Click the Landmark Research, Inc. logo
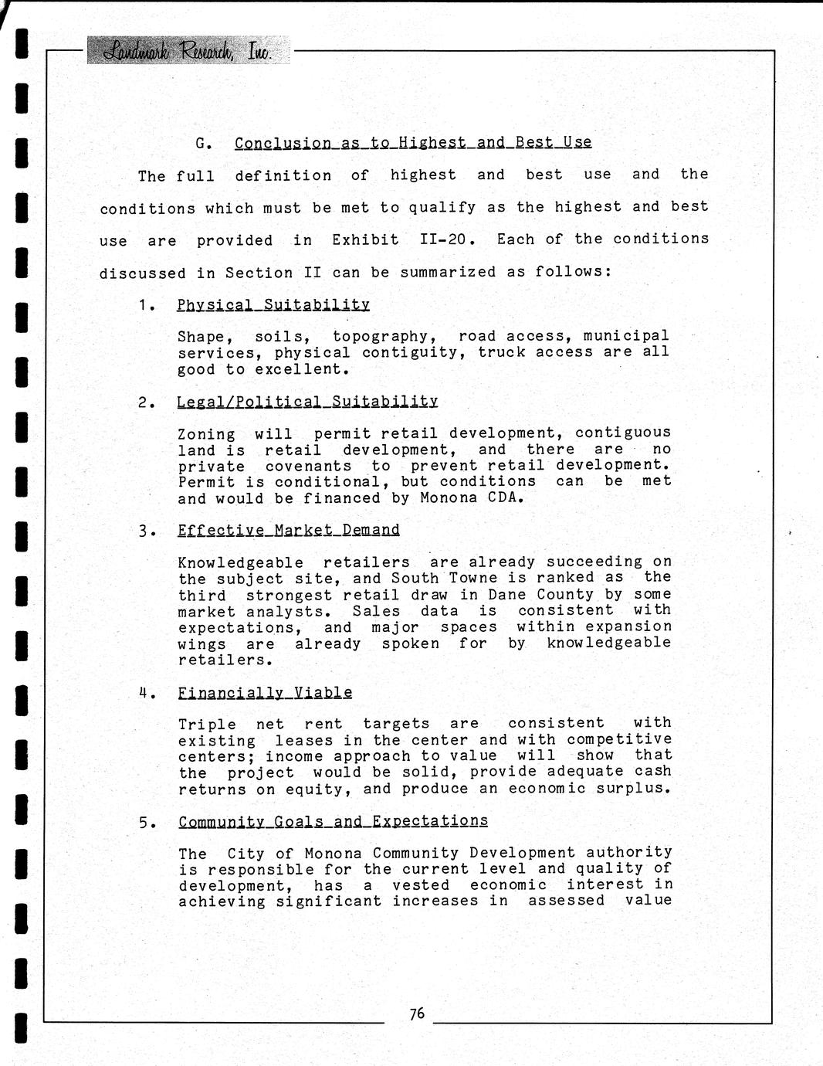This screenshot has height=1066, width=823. [x=188, y=51]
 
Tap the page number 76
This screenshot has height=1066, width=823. [x=417, y=1014]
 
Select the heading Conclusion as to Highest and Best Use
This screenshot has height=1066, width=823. [x=413, y=143]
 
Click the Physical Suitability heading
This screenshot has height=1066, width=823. [x=273, y=304]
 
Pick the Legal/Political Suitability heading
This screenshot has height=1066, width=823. [x=307, y=402]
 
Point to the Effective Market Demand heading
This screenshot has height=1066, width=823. [x=289, y=530]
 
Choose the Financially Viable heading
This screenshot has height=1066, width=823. [x=265, y=693]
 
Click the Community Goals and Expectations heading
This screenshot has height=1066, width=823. [x=333, y=821]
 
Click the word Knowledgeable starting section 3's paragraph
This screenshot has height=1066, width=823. [x=240, y=562]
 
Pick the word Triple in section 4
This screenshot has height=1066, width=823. [x=207, y=725]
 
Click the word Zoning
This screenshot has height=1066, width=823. [x=206, y=434]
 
